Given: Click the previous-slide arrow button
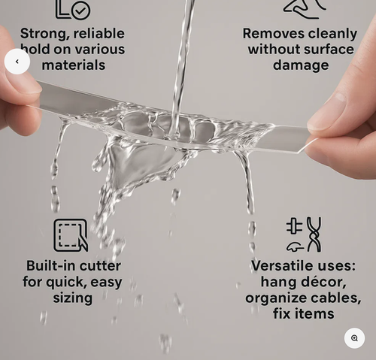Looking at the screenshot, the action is (17, 62).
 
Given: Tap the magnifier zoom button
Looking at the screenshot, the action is (354, 338).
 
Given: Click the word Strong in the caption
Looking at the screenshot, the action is (44, 34).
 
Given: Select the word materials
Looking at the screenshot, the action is (74, 65).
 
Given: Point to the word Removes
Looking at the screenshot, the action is (274, 34).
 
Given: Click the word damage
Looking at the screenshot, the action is (301, 65).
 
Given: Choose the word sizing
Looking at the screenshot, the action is (73, 298).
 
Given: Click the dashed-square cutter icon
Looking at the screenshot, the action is (71, 235).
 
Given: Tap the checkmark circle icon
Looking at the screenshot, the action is (80, 11).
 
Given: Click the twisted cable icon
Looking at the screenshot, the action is (314, 234).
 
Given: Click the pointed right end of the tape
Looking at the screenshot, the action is (299, 152).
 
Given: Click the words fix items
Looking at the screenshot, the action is (304, 313).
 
